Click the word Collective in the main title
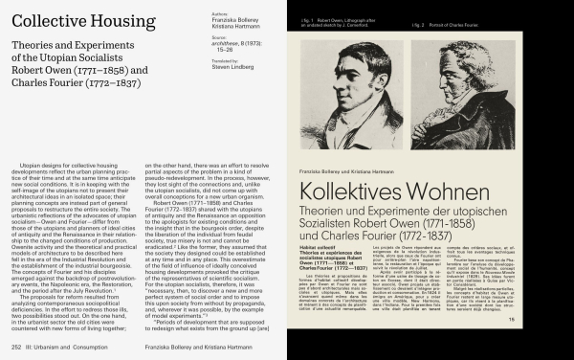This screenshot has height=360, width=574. (x=41, y=19)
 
